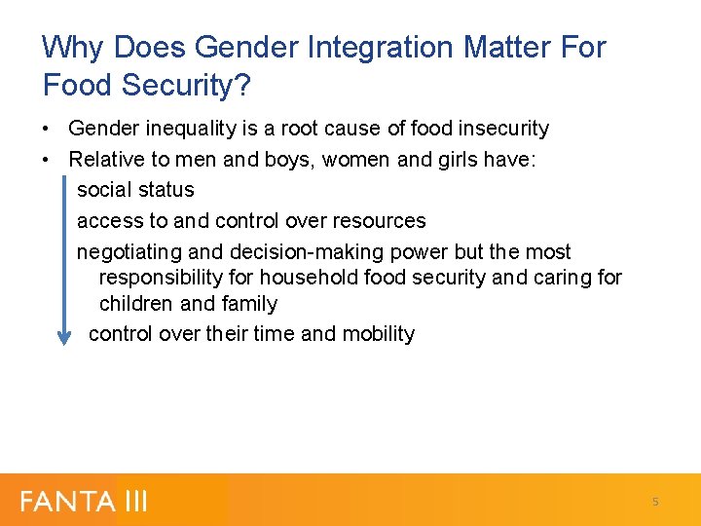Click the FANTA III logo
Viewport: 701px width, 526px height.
84,502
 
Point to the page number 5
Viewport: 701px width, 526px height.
655,502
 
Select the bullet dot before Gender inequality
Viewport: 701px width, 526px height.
47,129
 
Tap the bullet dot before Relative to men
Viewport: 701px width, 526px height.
47,159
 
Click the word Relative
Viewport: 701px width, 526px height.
104,159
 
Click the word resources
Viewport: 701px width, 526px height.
380,221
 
